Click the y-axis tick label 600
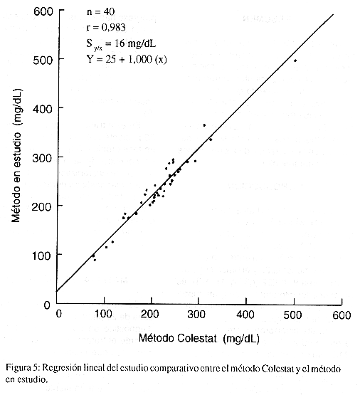pyautogui.click(x=43, y=11)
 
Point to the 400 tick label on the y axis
pyautogui.click(x=43, y=109)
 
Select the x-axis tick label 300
pyautogui.click(x=196, y=315)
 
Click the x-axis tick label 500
pyautogui.click(x=292, y=315)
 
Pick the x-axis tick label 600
pyautogui.click(x=342, y=315)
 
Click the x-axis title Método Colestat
pyautogui.click(x=177, y=338)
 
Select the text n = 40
pyautogui.click(x=101, y=11)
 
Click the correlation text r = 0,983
pyautogui.click(x=106, y=27)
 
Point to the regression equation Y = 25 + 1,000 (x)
pyautogui.click(x=127, y=59)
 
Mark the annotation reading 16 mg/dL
pyautogui.click(x=135, y=43)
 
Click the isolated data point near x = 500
pyautogui.click(x=295, y=60)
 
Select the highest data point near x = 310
pyautogui.click(x=204, y=125)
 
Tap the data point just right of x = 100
pyautogui.click(x=106, y=247)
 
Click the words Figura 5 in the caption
pyautogui.click(x=22, y=368)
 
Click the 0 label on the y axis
pyautogui.click(x=47, y=305)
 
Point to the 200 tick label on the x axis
pyautogui.click(x=150, y=314)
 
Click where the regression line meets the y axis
pyautogui.click(x=57, y=292)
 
